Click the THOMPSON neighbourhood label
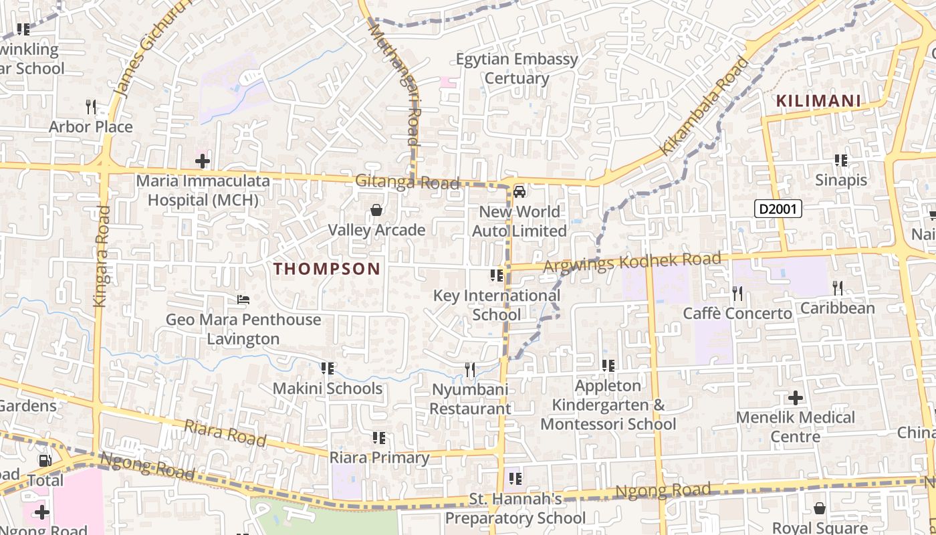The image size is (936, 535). [x=327, y=269]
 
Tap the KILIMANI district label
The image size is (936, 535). [x=818, y=101]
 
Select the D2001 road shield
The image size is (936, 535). [x=778, y=209]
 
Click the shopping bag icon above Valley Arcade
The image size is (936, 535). [x=376, y=211]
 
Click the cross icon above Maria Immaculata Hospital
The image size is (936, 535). [x=203, y=161]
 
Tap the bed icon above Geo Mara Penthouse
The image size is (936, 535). [x=243, y=300]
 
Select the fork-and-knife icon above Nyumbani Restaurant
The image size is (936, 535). [x=470, y=369]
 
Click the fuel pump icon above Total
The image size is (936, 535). [x=45, y=460]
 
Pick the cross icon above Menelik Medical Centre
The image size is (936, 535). [x=795, y=398]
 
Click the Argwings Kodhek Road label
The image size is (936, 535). [x=632, y=262]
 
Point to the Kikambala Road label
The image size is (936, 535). [x=704, y=107]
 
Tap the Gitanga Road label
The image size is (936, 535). [x=407, y=182]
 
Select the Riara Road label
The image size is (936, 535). [x=225, y=433]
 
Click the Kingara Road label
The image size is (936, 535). [x=102, y=256]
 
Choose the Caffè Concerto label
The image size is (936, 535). [x=737, y=314]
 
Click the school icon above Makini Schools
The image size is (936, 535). [x=327, y=368]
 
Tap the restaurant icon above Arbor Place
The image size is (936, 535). [x=91, y=106]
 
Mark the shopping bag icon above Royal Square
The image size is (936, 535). [x=820, y=509]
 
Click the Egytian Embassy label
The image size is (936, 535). [x=517, y=59]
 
